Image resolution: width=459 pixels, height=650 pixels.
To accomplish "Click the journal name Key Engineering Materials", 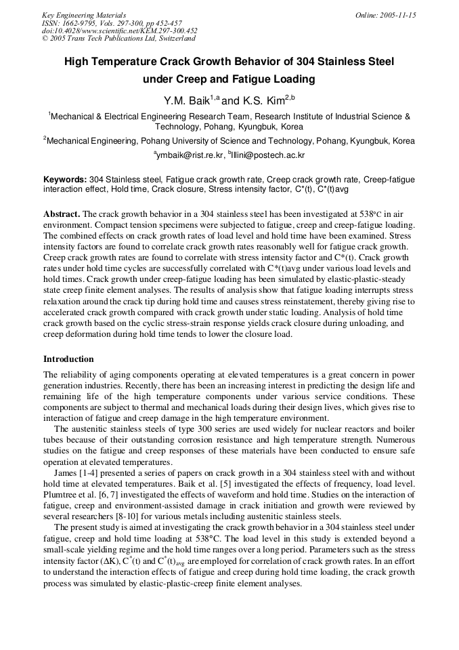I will pos(83,15).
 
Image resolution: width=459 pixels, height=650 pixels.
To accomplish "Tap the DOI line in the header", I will pos(119,31).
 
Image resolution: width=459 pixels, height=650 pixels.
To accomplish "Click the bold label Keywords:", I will pos(65,180).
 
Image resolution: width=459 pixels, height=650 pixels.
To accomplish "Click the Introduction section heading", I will pos(68,359).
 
